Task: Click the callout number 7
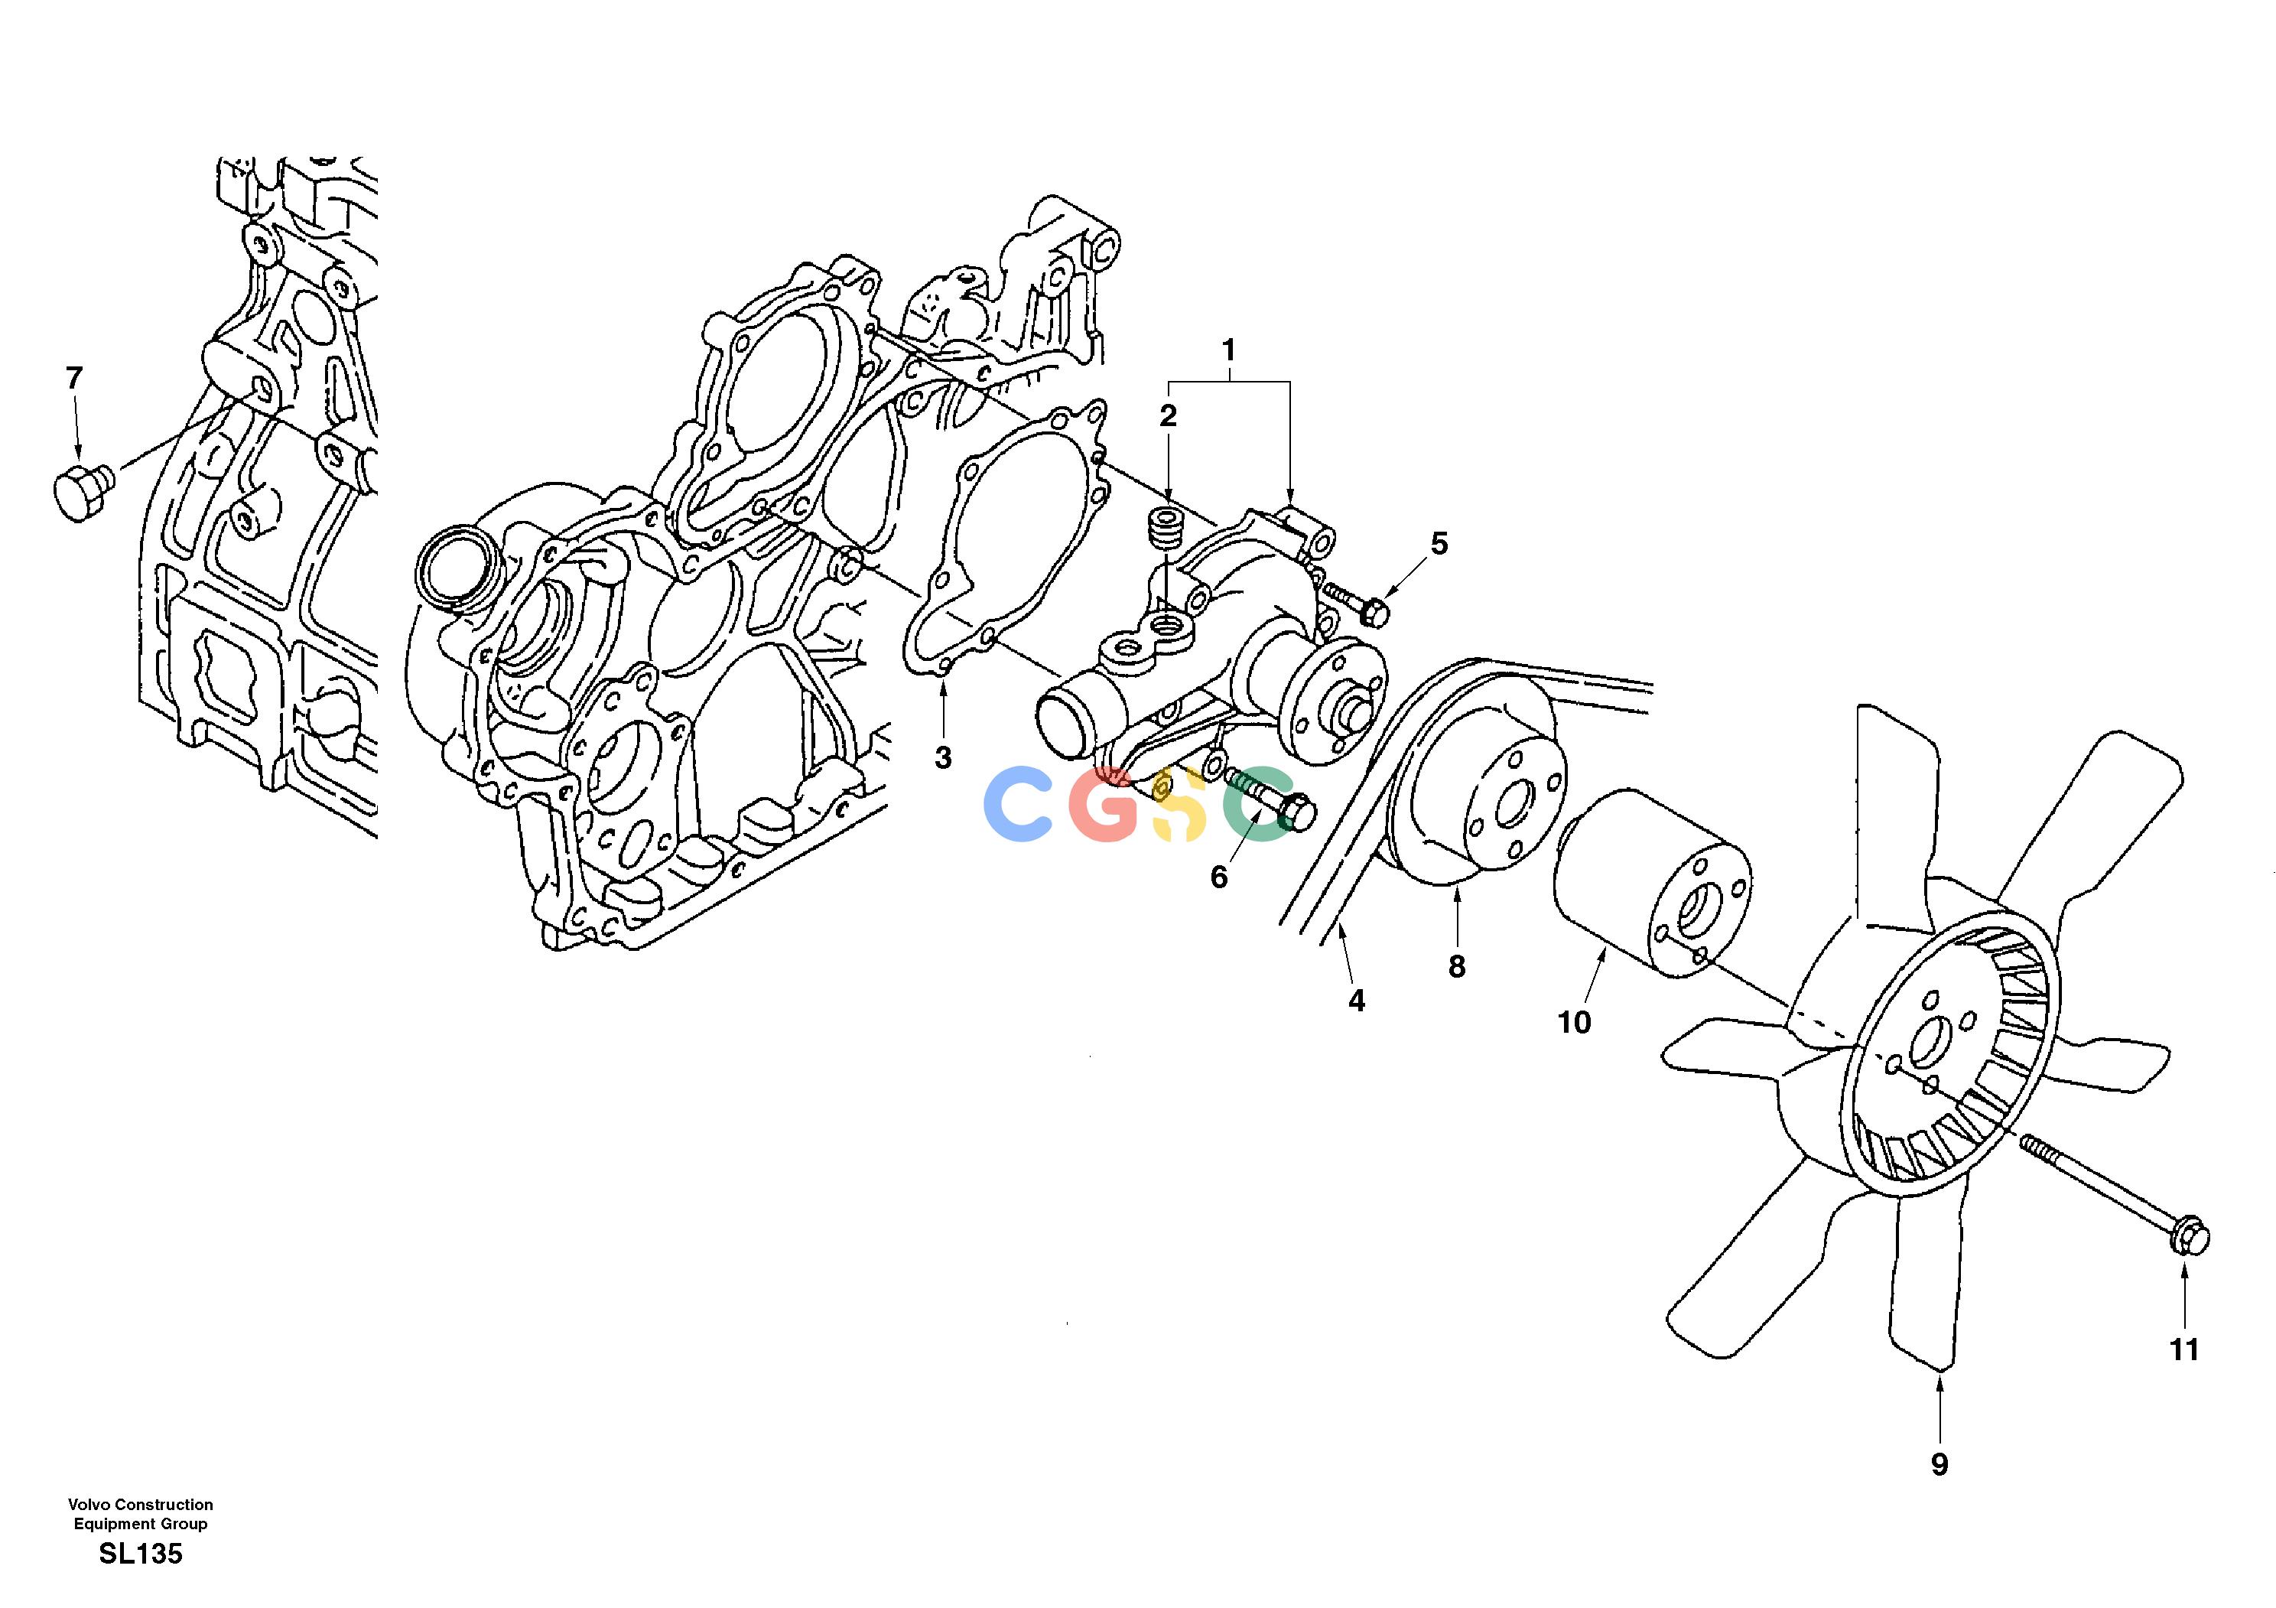(x=74, y=378)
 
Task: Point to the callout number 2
(x=1169, y=416)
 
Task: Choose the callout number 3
(x=943, y=757)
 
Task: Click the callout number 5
(x=1439, y=543)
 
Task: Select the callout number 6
(x=1219, y=877)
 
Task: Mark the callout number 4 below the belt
(x=1356, y=1001)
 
